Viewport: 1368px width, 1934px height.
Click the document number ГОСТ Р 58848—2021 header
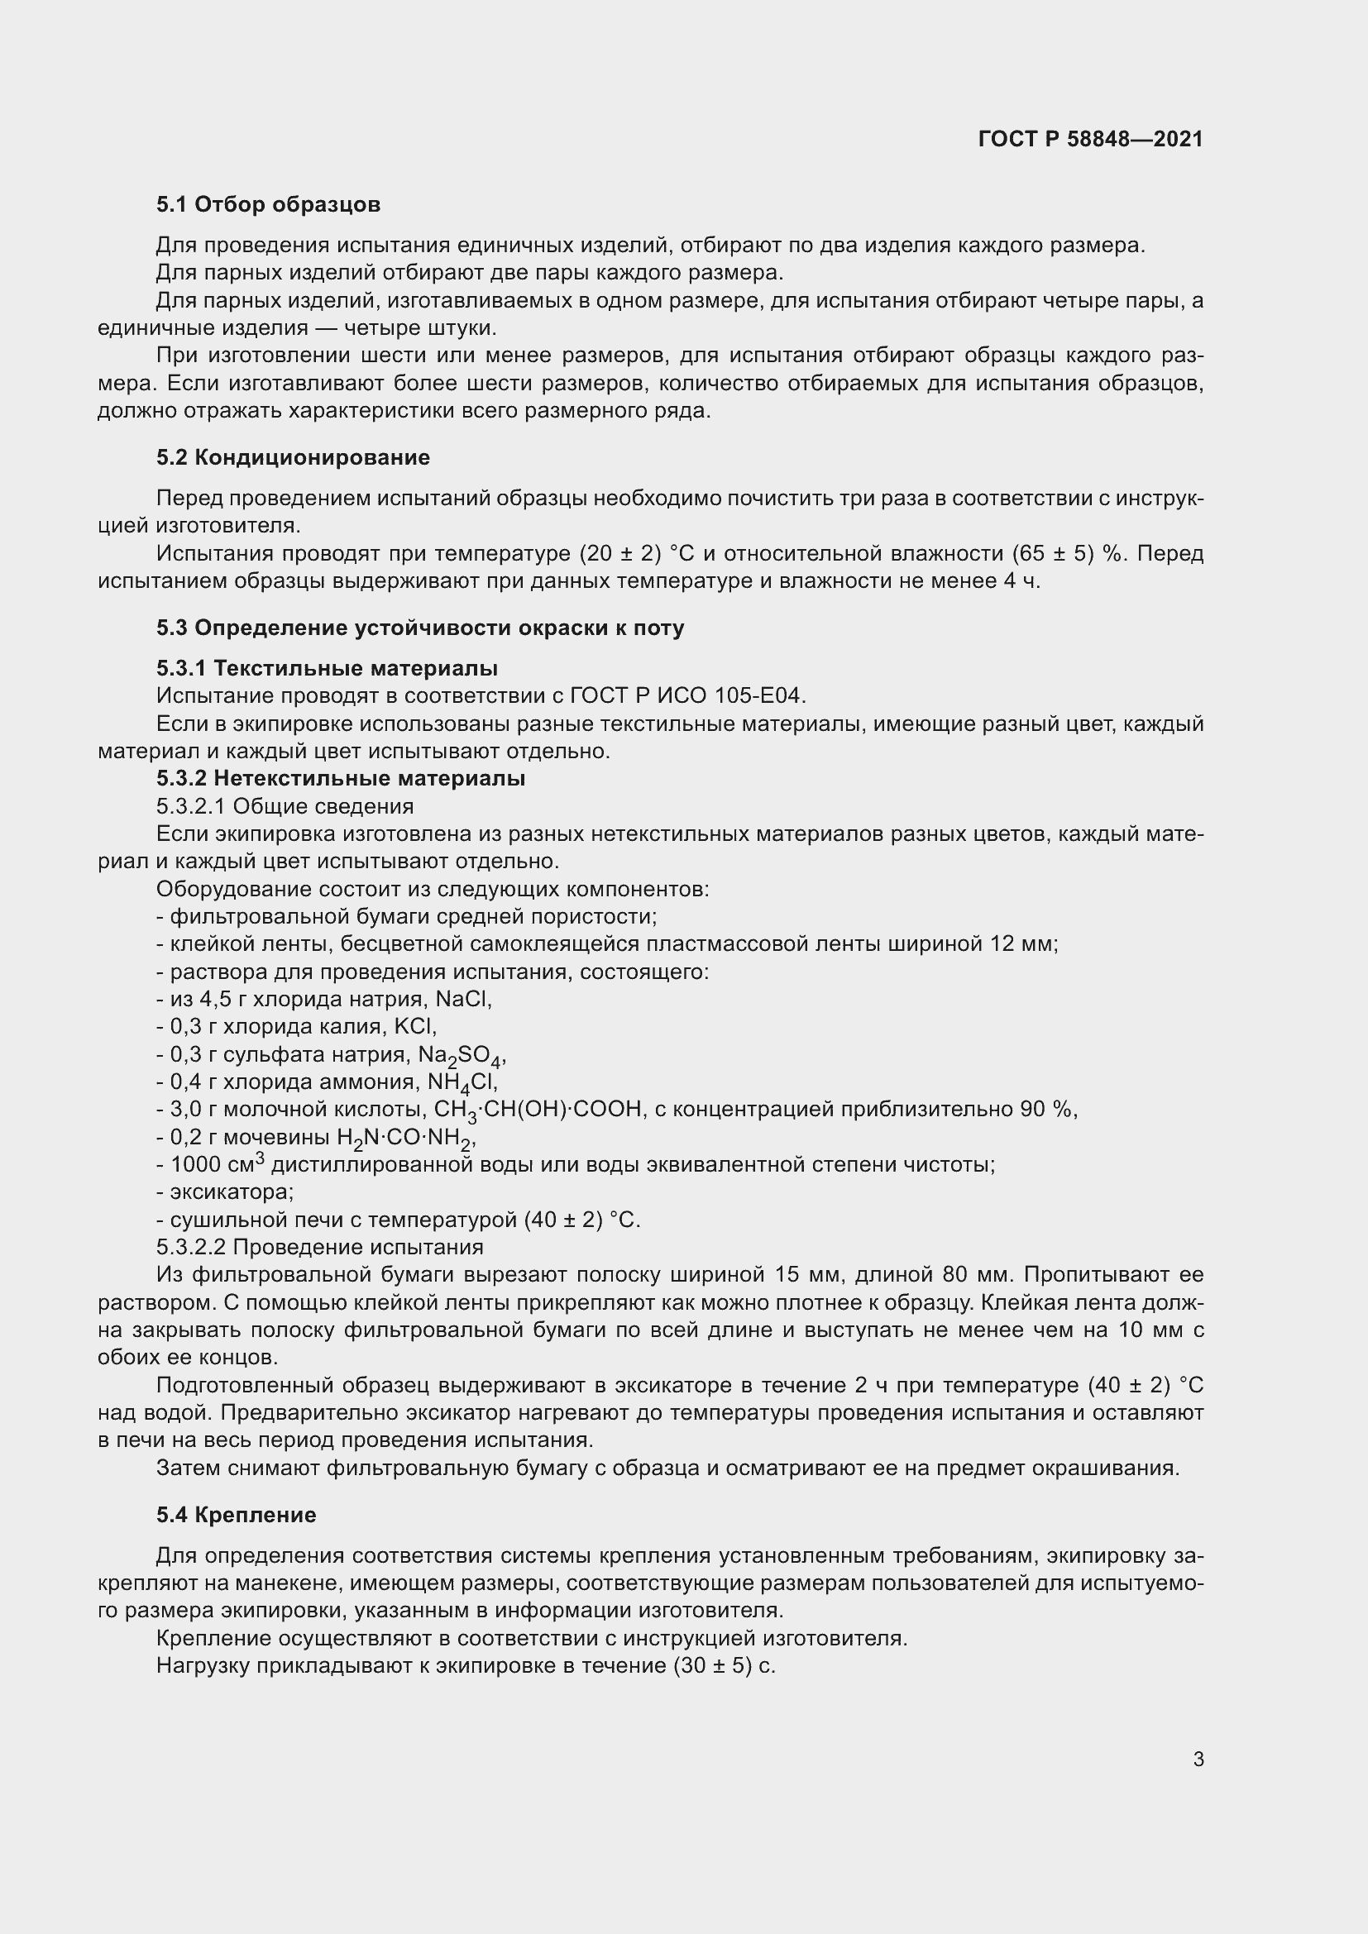(1090, 139)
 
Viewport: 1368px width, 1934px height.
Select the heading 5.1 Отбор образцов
(268, 204)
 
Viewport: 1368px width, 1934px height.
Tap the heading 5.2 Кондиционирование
(292, 457)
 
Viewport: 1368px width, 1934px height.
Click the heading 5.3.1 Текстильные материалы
(327, 668)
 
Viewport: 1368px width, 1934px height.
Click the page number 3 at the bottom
(1198, 1759)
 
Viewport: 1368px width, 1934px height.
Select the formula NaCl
(462, 999)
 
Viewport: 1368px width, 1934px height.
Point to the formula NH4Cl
(462, 1082)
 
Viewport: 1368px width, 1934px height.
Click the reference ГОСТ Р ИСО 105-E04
(687, 695)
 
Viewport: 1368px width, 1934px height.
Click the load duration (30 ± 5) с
(724, 1665)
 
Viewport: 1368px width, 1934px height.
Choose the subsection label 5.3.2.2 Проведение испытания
(320, 1247)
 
